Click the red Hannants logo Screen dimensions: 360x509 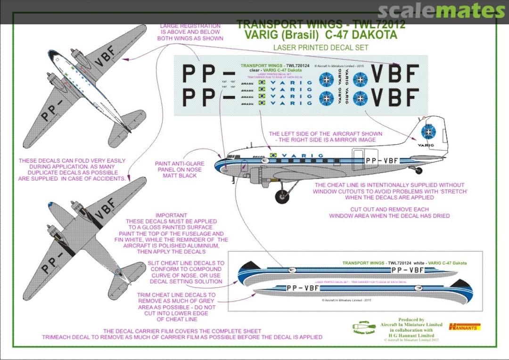pyautogui.click(x=465, y=326)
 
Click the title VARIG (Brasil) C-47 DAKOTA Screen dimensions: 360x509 pyautogui.click(x=321, y=35)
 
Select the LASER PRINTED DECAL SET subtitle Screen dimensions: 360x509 pyautogui.click(x=320, y=48)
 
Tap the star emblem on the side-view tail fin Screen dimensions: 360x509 pyautogui.click(x=428, y=131)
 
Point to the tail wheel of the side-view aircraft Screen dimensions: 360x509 pyautogui.click(x=418, y=171)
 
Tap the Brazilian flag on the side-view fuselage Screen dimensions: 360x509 pyautogui.click(x=273, y=155)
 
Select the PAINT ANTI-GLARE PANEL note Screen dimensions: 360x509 pyautogui.click(x=179, y=170)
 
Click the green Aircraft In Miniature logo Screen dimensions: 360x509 pyautogui.click(x=363, y=327)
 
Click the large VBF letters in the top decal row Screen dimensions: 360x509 pyautogui.click(x=395, y=73)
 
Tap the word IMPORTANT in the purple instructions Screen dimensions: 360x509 pyautogui.click(x=171, y=215)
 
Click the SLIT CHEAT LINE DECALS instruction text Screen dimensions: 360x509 pyautogui.click(x=187, y=269)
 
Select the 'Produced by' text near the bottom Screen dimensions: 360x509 pyautogui.click(x=411, y=319)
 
